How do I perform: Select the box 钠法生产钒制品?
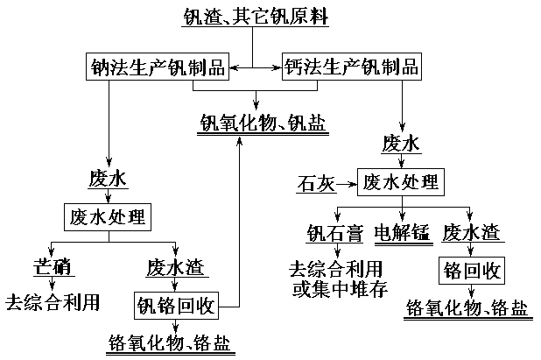pos(158,67)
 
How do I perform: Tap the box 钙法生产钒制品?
pos(351,67)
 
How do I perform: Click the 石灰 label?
pos(316,184)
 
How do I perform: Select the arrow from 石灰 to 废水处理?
pos(348,184)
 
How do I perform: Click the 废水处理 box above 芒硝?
pos(107,215)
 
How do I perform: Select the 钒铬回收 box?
pos(175,305)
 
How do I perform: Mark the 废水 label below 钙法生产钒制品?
pos(403,143)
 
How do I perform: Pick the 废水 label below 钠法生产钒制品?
pos(108,179)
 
